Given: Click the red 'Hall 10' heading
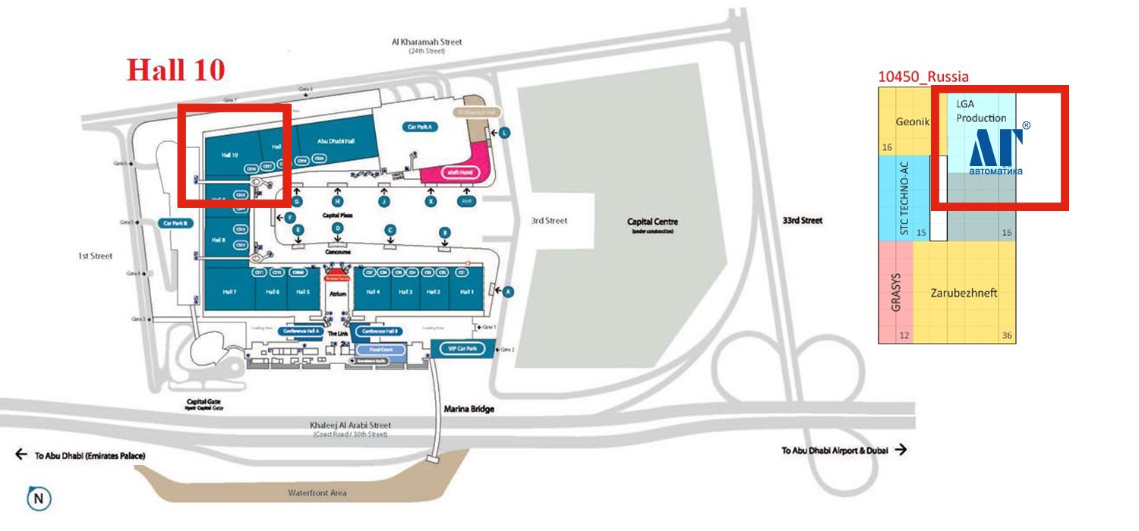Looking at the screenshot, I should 175,69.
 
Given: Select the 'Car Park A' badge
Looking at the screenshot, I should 420,127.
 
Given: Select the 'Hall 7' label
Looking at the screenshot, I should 229,292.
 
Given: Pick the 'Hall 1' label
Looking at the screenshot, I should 466,292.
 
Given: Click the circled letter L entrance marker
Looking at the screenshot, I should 503,133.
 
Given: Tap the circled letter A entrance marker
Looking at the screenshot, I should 508,291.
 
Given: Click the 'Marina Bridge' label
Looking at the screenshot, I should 469,409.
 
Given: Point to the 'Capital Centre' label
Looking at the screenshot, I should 652,222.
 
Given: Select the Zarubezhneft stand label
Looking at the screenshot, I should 964,293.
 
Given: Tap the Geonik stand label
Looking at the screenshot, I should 912,121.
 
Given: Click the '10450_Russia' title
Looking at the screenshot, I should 923,77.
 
